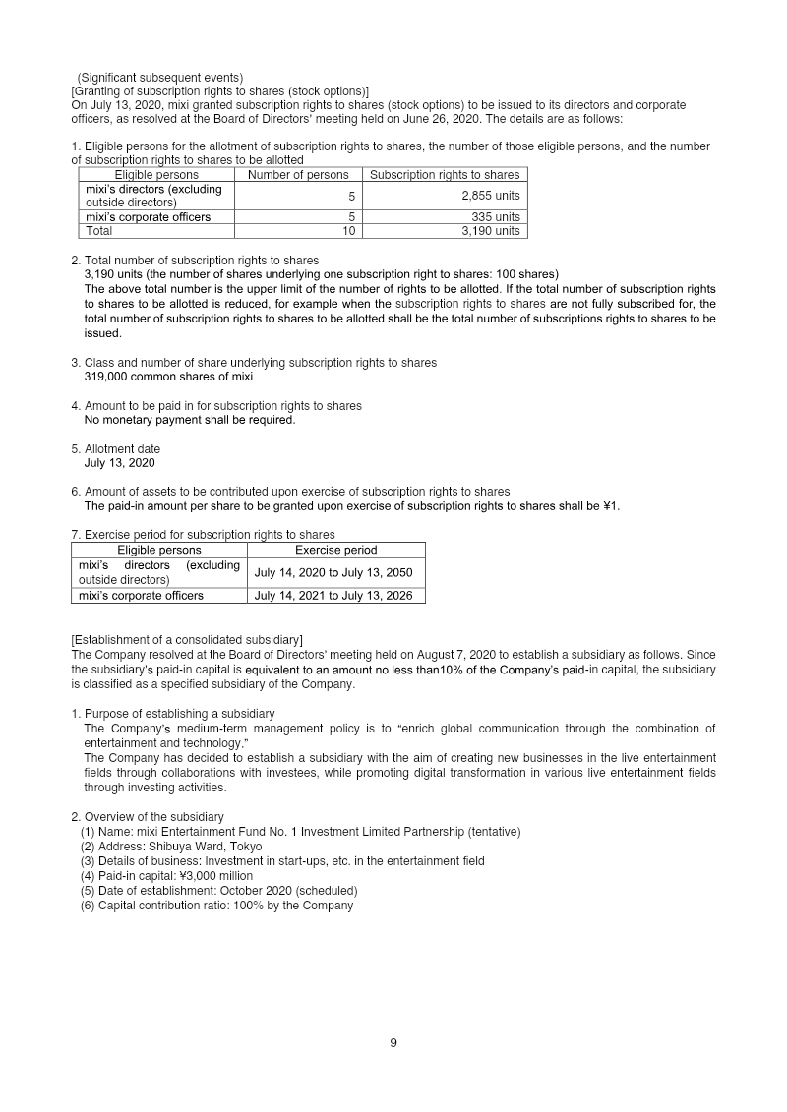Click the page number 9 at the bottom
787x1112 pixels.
(x=393, y=1043)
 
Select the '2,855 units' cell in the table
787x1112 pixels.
(x=490, y=196)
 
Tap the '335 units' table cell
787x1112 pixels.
(x=495, y=217)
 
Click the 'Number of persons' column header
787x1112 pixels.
(x=298, y=175)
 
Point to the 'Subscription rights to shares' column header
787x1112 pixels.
(x=445, y=175)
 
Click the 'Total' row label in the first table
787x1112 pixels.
(x=99, y=231)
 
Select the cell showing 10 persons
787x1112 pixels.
(x=348, y=231)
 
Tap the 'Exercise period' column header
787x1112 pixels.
(x=335, y=550)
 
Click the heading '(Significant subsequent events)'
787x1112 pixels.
(x=159, y=78)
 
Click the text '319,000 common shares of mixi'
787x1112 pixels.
(x=168, y=377)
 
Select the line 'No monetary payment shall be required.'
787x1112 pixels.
(x=189, y=420)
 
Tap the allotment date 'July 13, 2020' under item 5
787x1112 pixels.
(x=119, y=463)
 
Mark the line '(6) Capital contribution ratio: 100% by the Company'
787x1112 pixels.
(x=216, y=906)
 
